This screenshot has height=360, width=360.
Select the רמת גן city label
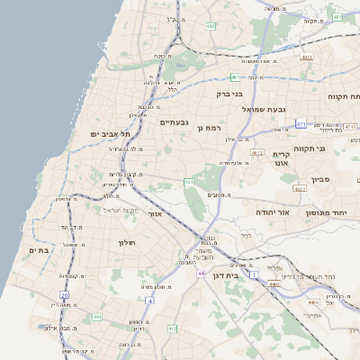coord(209,128)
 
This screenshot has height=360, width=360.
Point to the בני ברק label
coord(229,94)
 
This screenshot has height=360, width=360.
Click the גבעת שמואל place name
coord(265,108)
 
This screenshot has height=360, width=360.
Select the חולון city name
coord(126,243)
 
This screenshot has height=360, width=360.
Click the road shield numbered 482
coord(211,26)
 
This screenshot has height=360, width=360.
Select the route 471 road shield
coord(301,124)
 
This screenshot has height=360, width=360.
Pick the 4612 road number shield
coord(258,153)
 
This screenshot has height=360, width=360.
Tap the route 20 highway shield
coord(64,294)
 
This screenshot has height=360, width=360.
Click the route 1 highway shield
coord(255,273)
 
